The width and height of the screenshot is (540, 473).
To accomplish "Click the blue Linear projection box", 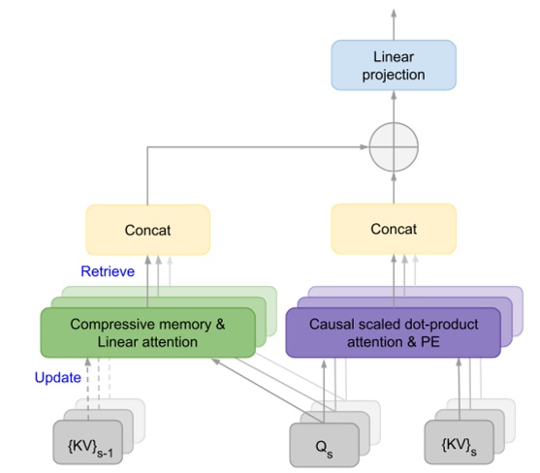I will pos(393,65).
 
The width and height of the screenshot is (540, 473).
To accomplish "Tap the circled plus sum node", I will pos(393,150).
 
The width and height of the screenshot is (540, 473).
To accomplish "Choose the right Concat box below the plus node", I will pos(393,230).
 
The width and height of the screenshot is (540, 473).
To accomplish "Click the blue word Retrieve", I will pos(107,271).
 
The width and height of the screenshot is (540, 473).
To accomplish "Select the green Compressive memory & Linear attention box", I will pos(147,332).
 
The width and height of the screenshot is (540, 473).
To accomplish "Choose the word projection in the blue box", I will pos(393,75).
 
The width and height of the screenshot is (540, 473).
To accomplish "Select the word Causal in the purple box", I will pos(331,325).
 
